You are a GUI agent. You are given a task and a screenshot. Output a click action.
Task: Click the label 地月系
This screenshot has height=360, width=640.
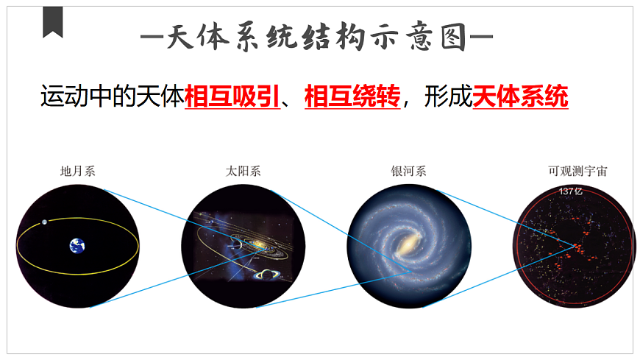click(x=78, y=172)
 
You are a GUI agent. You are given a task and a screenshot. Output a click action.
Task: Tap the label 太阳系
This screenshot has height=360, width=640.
click(x=243, y=172)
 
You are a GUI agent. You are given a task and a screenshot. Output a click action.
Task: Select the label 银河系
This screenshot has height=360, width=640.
click(x=408, y=172)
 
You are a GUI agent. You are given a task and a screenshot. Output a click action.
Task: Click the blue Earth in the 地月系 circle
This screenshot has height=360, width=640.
click(x=77, y=246)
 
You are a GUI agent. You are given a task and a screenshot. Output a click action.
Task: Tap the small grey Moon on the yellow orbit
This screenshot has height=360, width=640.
click(x=45, y=222)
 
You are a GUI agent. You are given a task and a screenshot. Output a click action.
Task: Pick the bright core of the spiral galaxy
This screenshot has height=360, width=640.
click(x=407, y=244)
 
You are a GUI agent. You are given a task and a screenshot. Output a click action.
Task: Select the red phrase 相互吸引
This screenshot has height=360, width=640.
click(x=232, y=96)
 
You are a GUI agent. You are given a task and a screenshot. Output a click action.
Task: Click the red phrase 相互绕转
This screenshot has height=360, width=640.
click(x=352, y=96)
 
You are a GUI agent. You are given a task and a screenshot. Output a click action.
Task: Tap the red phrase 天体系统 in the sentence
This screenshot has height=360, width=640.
click(x=520, y=96)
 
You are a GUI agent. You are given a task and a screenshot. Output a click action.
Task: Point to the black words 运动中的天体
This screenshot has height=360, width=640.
click(x=111, y=96)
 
